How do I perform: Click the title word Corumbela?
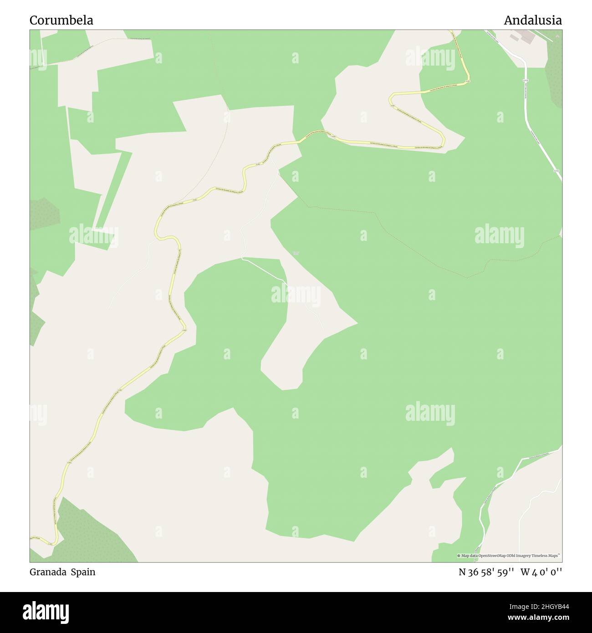pos(61,20)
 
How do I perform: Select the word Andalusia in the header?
pos(532,20)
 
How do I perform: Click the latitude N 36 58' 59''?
pos(486,572)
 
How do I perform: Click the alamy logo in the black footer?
pos(46,611)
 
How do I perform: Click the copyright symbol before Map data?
pos(459,556)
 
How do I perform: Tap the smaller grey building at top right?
pos(515,36)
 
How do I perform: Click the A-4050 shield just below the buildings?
pos(525,80)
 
